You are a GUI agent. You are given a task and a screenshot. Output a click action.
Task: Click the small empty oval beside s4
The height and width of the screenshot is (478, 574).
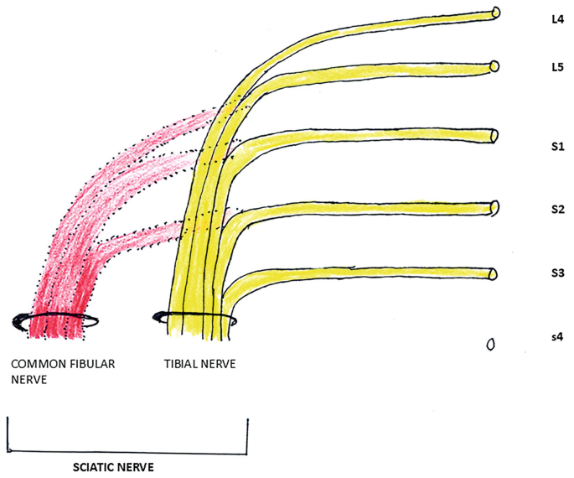click(x=491, y=344)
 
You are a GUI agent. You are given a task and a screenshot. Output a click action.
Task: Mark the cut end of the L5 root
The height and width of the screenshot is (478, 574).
click(x=494, y=66)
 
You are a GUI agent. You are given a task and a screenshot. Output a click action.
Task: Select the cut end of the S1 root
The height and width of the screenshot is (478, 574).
click(x=494, y=136)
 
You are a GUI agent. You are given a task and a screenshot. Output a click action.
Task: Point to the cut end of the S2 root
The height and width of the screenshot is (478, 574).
click(x=494, y=207)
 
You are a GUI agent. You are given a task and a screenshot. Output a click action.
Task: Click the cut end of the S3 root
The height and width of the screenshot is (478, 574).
click(x=494, y=273)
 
